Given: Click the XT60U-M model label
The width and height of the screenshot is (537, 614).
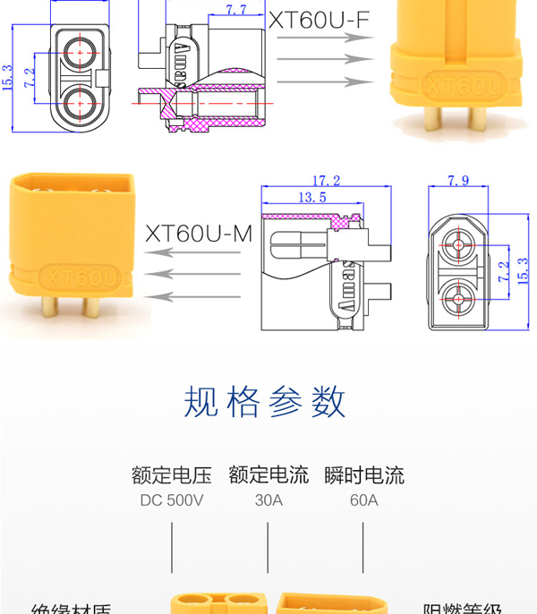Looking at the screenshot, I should tap(199, 235).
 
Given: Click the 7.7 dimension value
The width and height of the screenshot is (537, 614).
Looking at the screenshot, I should tap(236, 10).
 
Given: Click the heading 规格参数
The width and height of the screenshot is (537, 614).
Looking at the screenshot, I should tap(265, 403).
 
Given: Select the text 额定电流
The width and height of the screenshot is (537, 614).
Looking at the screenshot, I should tap(268, 474).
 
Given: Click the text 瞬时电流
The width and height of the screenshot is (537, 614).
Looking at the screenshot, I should tap(363, 474).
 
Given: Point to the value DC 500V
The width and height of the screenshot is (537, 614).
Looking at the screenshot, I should tap(172, 500).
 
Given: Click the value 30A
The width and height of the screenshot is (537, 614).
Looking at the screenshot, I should tap(268, 500).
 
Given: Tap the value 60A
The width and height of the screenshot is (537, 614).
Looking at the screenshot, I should tap(363, 500).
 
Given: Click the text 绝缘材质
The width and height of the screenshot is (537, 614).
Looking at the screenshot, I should tap(71, 609).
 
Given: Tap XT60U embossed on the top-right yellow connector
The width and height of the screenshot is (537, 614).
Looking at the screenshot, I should tap(463, 87).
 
